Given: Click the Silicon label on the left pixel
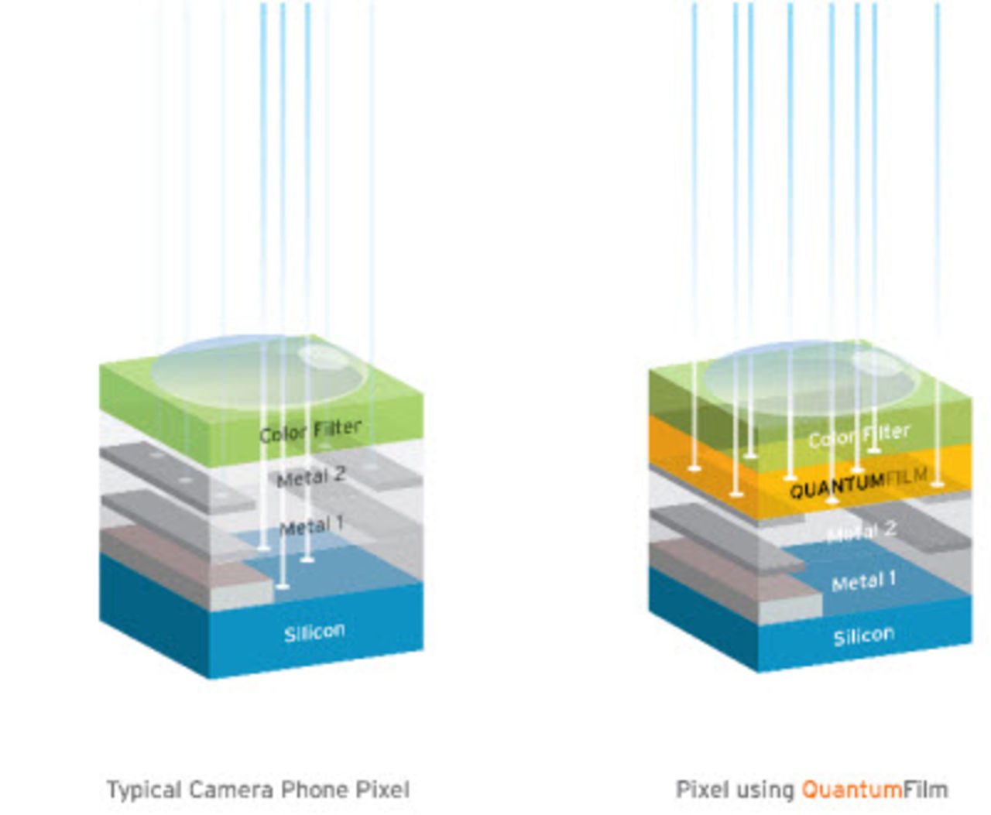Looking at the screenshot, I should [314, 633].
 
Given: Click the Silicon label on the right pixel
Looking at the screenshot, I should [863, 636].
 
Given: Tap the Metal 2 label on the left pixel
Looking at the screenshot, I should [310, 478].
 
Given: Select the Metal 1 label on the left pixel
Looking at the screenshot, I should [311, 527].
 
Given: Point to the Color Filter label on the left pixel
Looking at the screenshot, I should [310, 430].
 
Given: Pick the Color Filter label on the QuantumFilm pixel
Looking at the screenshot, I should [859, 436].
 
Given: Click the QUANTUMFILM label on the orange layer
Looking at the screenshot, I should [858, 483].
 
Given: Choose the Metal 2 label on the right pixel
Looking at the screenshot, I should [862, 532].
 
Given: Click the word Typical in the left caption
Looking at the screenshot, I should [143, 790].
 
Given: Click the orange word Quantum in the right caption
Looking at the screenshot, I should [852, 790].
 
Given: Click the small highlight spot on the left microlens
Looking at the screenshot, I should [323, 356].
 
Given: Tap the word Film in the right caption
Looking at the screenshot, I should [925, 790].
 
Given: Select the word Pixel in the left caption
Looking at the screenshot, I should [382, 790].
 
